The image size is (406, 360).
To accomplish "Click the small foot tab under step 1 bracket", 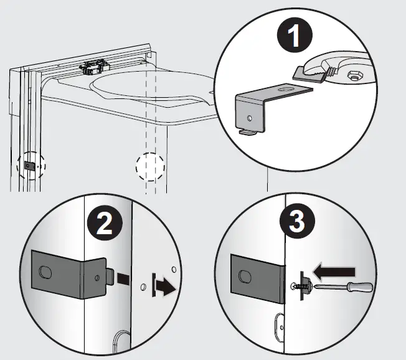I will tap(247, 131).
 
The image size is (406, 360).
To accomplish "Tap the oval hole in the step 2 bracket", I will tap(45, 272).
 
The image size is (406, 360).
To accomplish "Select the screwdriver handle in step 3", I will tap(359, 288).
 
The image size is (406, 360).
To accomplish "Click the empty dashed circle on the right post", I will tap(150, 167).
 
